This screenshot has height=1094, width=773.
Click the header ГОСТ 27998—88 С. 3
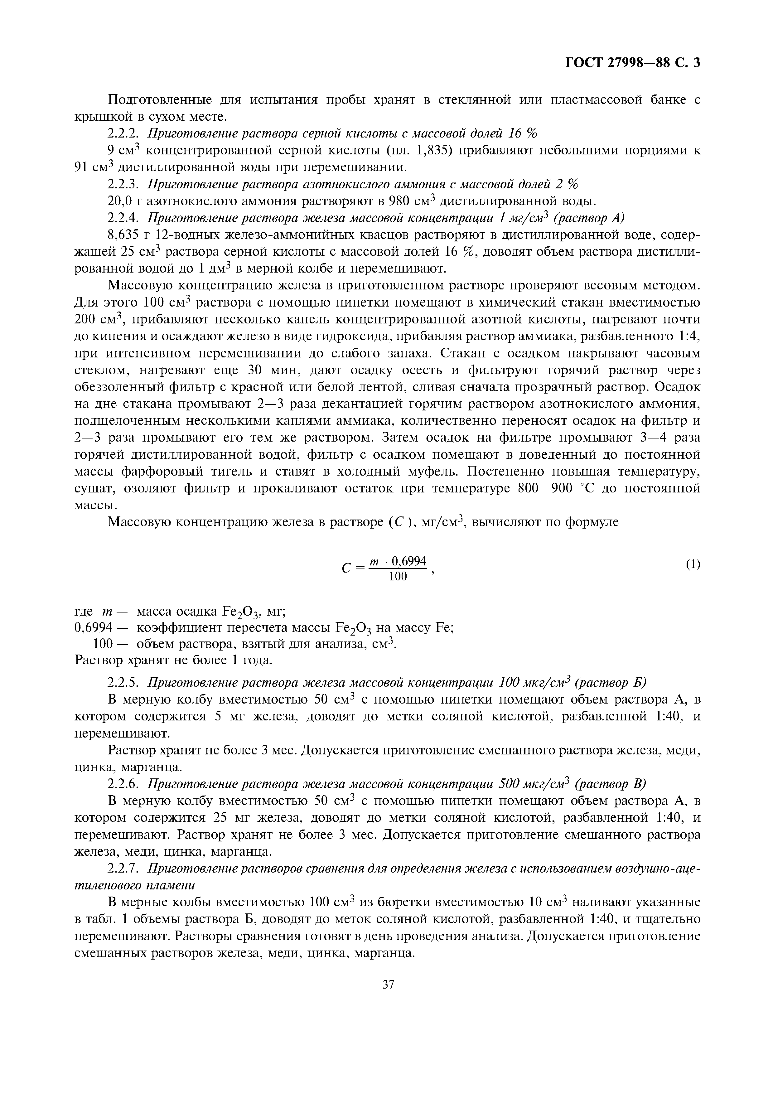(632, 63)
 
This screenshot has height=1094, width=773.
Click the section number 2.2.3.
(124, 184)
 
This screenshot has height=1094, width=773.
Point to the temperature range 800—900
(544, 488)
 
